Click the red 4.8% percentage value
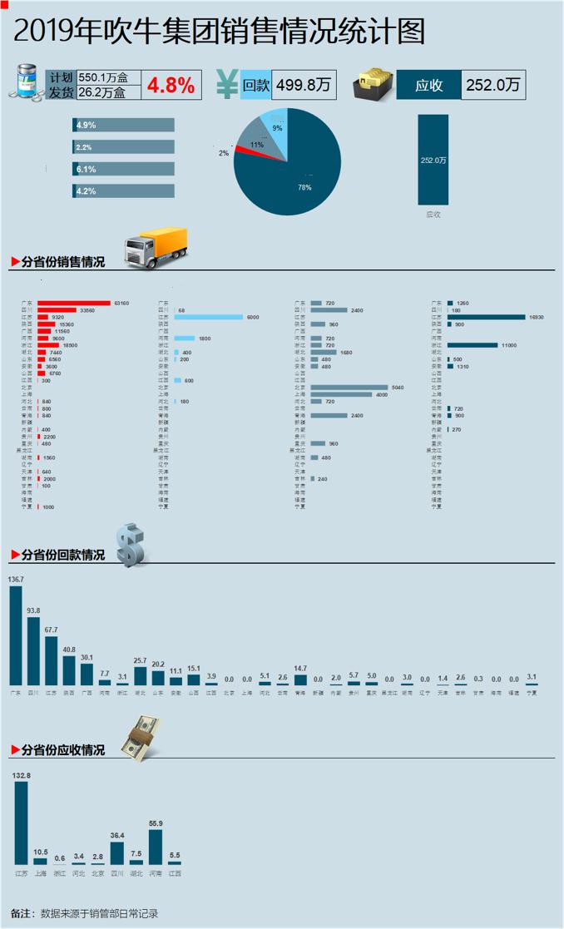[171, 85]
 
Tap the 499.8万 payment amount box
[304, 85]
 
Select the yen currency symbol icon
[226, 84]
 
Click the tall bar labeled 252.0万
[433, 160]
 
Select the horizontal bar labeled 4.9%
[124, 125]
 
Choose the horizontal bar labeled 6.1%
[124, 169]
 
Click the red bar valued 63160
[74, 303]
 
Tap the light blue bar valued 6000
[208, 317]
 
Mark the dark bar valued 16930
[486, 317]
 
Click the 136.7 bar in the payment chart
[15, 635]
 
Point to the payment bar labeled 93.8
[33, 651]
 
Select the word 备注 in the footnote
[22, 913]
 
